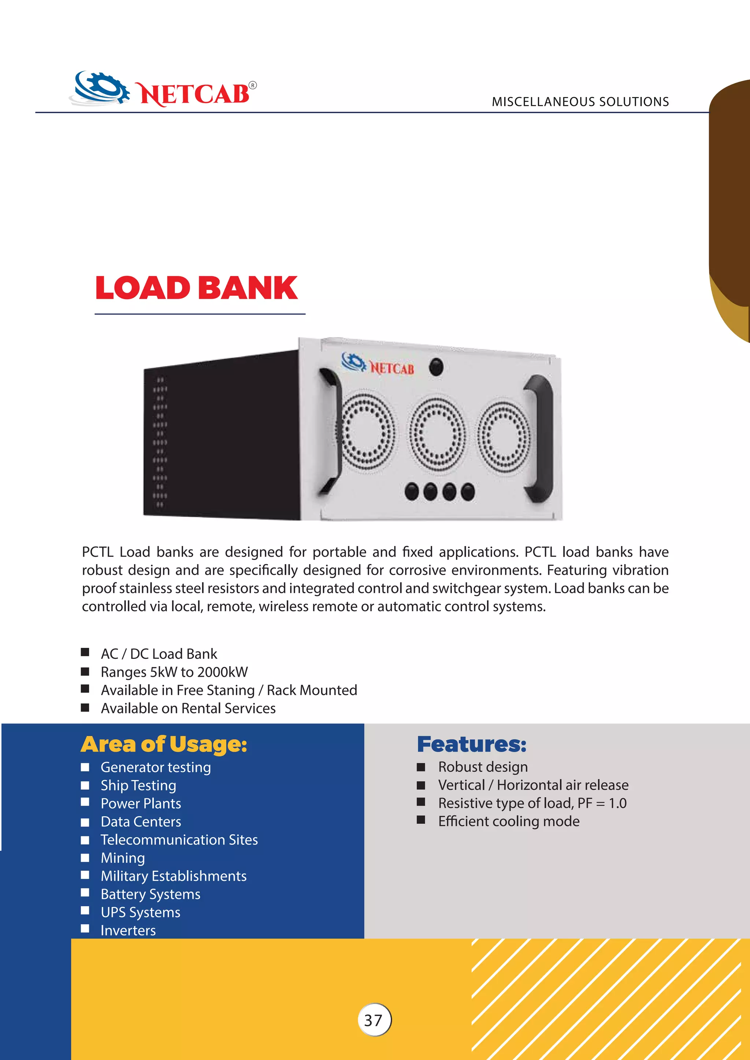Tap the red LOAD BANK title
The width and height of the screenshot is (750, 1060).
[x=196, y=288]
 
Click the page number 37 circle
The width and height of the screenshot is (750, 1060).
[x=374, y=1020]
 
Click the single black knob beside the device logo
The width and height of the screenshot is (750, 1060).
[x=436, y=367]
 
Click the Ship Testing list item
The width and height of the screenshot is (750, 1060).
[x=138, y=785]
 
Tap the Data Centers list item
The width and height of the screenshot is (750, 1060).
[x=141, y=822]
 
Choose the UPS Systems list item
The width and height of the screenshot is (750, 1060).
[x=140, y=912]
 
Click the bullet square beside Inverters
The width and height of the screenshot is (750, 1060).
[x=85, y=929]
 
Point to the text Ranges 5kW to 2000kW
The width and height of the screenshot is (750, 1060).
[x=174, y=672]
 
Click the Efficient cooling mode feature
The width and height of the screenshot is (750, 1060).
[x=508, y=821]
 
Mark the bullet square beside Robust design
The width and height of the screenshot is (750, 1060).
[x=421, y=767]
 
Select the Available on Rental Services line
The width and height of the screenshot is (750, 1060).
[x=188, y=708]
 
